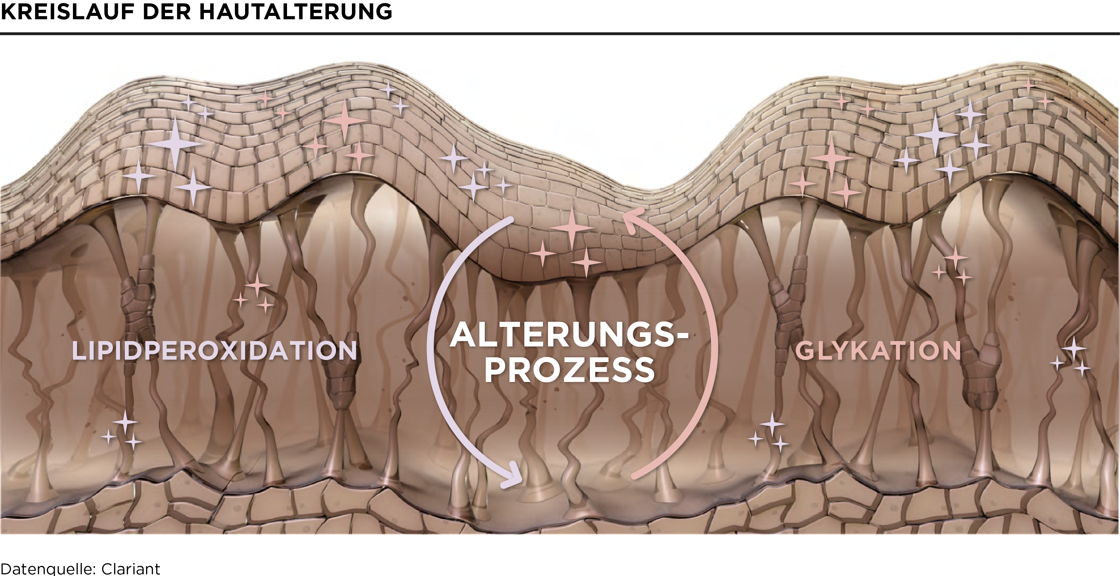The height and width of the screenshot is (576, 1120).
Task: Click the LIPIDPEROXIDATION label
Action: pos(214,351)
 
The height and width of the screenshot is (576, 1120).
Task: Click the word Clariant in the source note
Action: pos(130,569)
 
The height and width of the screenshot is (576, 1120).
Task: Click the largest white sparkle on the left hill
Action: pos(175,143)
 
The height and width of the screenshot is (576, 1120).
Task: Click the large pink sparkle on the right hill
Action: pos(831,158)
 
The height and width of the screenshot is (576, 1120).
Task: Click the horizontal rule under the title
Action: pos(560,33)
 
